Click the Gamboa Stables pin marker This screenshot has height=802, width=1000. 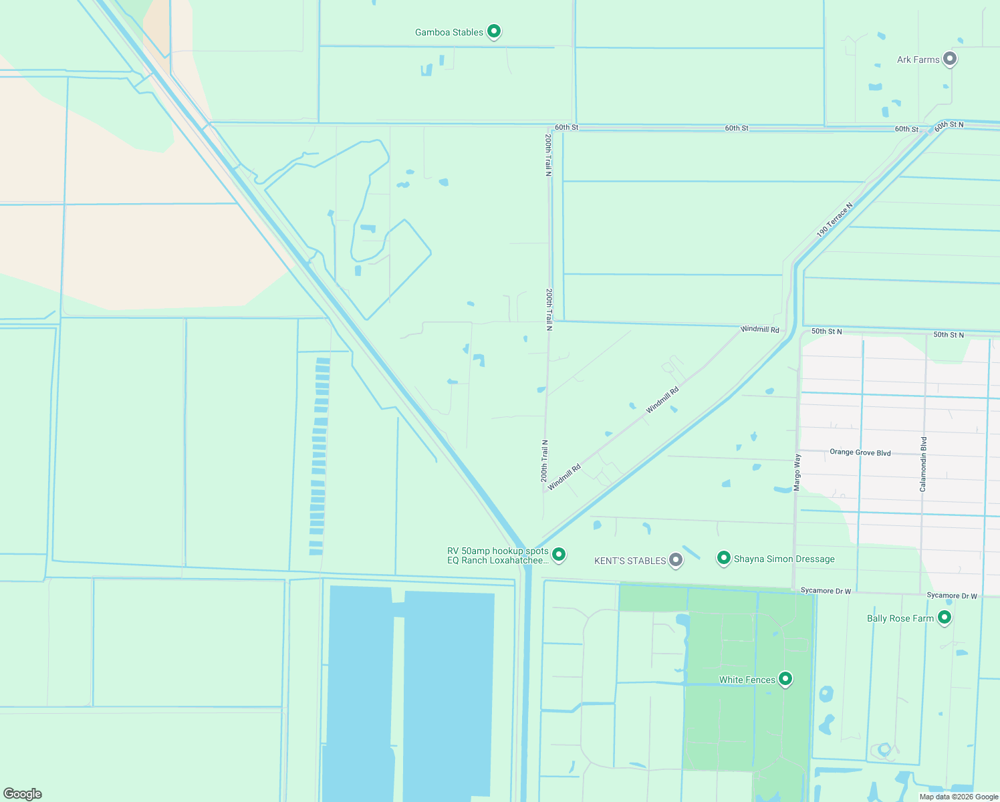point(494,31)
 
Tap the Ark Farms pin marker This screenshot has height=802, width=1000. point(949,59)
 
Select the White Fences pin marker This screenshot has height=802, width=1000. point(785,679)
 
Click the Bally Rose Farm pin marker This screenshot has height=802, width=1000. point(945,618)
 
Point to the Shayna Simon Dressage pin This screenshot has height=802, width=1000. point(723,558)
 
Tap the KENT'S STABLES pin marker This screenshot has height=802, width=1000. point(676,560)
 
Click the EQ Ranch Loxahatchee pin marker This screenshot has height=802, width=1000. point(559,554)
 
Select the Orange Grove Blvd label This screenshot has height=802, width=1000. point(860,452)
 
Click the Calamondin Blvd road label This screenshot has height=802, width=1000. point(924,464)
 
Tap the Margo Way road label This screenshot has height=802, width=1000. point(797,473)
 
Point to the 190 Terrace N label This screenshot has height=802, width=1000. point(834,221)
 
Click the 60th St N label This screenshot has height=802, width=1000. point(949,125)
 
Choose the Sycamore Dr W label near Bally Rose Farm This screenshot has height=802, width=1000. point(952,595)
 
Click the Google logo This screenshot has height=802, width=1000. point(23,793)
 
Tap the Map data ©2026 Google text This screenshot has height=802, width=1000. point(959,797)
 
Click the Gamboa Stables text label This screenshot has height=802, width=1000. point(449,32)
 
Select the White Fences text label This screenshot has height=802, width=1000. point(747,680)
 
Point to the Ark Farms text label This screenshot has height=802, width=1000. point(918,59)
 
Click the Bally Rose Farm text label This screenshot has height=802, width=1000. point(900,618)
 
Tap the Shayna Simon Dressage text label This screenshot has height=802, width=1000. point(784,559)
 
